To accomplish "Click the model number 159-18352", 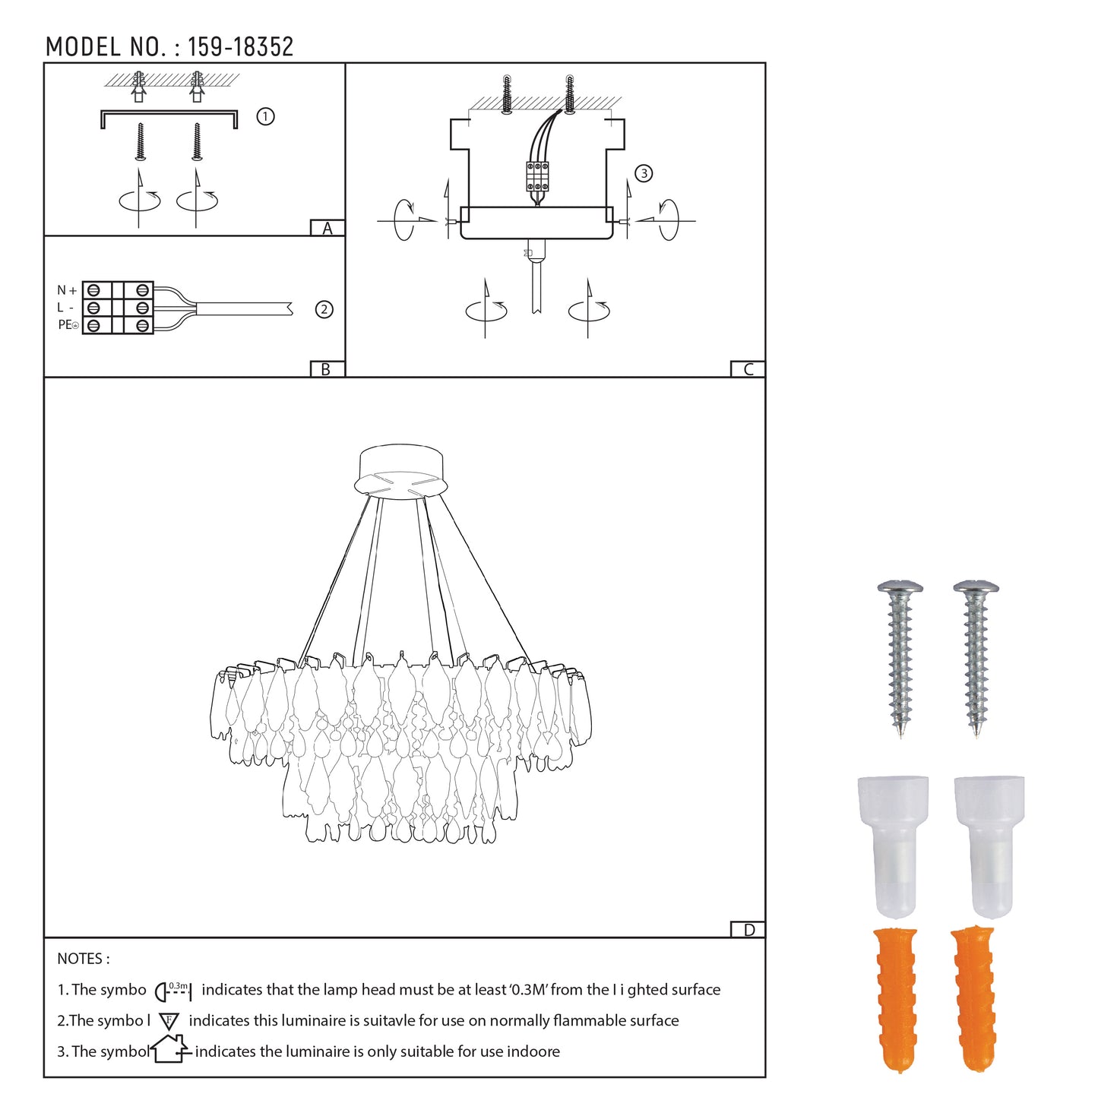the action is pyautogui.click(x=240, y=47).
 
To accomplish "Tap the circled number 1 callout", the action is pyautogui.click(x=265, y=117).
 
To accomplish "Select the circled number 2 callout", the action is pyautogui.click(x=324, y=309).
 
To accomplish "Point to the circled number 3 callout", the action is pyautogui.click(x=644, y=173).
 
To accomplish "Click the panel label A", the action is pyautogui.click(x=327, y=228).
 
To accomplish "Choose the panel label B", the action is pyautogui.click(x=326, y=369).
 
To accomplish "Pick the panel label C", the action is pyautogui.click(x=748, y=369).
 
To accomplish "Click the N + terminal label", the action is pyautogui.click(x=67, y=291).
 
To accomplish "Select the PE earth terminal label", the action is pyautogui.click(x=68, y=325).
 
